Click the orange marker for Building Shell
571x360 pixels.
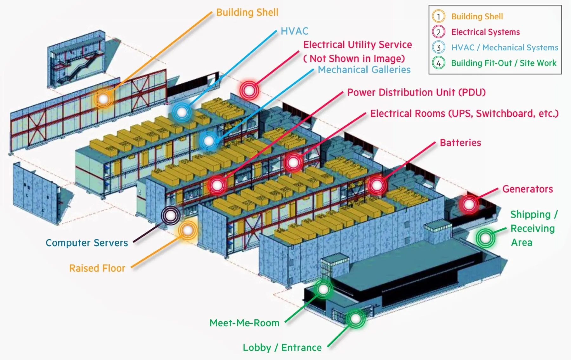click(103, 99)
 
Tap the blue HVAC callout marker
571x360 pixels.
click(182, 112)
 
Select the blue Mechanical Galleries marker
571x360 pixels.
click(209, 141)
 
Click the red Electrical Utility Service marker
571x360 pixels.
click(249, 91)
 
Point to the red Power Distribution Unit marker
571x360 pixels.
click(217, 185)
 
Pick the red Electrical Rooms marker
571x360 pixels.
click(293, 162)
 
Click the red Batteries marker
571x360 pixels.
click(377, 185)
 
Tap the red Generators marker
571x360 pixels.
click(469, 204)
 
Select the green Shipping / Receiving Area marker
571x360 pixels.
click(485, 238)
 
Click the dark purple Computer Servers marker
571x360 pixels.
click(171, 216)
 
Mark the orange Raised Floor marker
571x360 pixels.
click(188, 230)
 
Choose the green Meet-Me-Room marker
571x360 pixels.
click(323, 289)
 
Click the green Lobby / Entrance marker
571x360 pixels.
click(355, 318)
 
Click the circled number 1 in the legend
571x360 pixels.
click(438, 16)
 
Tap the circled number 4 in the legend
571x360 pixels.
click(438, 63)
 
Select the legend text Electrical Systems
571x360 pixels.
click(485, 32)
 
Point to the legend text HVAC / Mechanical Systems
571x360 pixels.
click(504, 48)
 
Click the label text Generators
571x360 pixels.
click(528, 189)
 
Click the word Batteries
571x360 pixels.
click(460, 143)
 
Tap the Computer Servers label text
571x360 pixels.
click(87, 243)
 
